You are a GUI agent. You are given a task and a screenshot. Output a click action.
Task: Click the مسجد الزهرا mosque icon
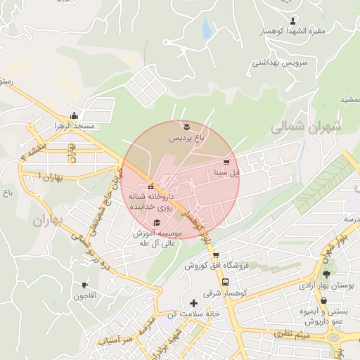[x=74, y=116]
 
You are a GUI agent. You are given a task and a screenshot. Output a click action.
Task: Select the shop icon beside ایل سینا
[x=226, y=161]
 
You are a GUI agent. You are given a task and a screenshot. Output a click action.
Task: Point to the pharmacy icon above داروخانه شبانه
[x=150, y=186]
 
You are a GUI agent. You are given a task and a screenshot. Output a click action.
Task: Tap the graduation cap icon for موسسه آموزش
[x=156, y=222]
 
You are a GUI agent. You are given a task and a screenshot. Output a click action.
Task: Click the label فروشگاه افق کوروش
[x=217, y=266]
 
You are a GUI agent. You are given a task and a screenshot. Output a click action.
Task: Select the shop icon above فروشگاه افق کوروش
[x=216, y=255]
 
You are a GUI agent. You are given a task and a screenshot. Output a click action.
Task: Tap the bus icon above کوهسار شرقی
[x=226, y=282]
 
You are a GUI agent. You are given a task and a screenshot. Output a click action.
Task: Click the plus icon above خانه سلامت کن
[x=194, y=303]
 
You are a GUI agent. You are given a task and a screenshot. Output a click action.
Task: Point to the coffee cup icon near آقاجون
[x=85, y=285]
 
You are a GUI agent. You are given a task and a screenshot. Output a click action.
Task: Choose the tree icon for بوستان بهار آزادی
[x=325, y=274]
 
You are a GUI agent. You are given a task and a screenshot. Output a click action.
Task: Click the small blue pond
[x=207, y=29]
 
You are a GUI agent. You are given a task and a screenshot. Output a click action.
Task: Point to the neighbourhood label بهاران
[x=47, y=220]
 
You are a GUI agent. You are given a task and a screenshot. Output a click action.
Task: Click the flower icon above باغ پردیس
[x=186, y=127]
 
